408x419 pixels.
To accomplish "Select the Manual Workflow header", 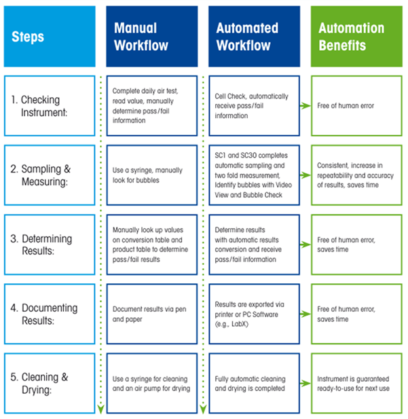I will click(151, 36).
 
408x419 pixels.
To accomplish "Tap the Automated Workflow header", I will click(253, 36).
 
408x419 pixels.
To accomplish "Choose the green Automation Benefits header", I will click(356, 36).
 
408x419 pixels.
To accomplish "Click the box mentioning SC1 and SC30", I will click(253, 175).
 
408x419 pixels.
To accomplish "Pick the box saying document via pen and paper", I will click(151, 314).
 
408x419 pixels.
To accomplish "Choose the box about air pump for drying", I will click(151, 383).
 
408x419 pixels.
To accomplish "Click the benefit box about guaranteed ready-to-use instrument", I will click(356, 383).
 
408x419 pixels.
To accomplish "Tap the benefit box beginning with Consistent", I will click(356, 175).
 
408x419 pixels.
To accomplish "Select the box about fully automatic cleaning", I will click(253, 383).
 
